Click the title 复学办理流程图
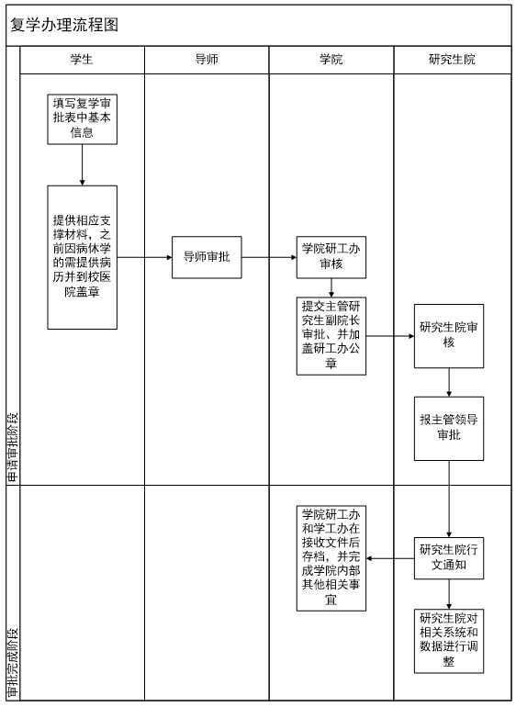click(x=64, y=25)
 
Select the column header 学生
click(x=82, y=59)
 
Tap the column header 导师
click(x=207, y=59)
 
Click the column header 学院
click(x=331, y=59)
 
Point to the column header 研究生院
click(x=452, y=59)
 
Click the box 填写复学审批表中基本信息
click(x=82, y=119)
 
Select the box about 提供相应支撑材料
click(x=82, y=257)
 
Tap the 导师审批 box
click(x=207, y=257)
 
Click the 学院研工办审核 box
click(x=331, y=257)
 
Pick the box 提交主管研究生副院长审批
click(x=331, y=336)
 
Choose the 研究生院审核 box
click(x=449, y=336)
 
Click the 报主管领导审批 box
click(x=449, y=429)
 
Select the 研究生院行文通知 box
click(x=449, y=558)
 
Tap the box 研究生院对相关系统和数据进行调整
click(x=449, y=641)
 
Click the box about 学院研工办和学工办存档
click(x=331, y=558)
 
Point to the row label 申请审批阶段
click(x=13, y=446)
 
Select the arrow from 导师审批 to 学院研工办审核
click(x=269, y=257)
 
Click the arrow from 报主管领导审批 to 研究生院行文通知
click(x=449, y=499)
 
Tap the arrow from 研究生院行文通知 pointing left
click(x=390, y=558)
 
